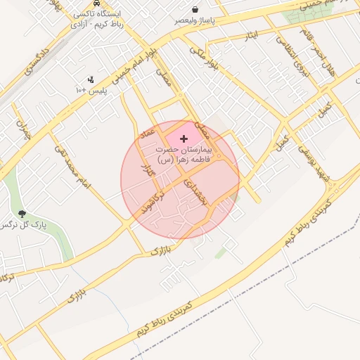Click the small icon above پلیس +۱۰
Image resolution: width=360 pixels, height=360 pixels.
click(x=91, y=79)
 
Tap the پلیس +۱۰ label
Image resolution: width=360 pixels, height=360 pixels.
click(x=91, y=91)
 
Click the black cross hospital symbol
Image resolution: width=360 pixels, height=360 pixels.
click(x=184, y=139)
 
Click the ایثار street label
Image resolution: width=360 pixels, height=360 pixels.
click(x=251, y=34)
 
